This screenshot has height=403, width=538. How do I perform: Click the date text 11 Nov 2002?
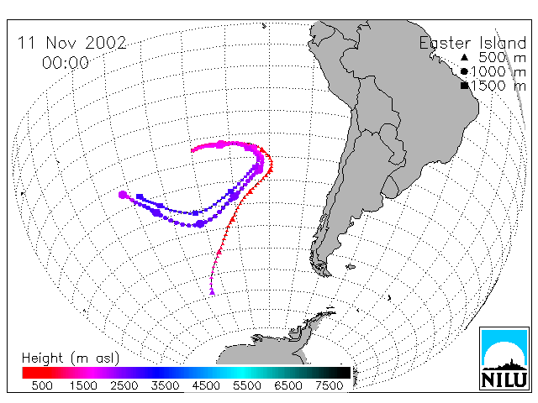(x=72, y=43)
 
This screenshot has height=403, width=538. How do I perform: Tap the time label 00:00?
(x=66, y=63)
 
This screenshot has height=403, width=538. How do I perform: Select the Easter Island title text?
(x=472, y=43)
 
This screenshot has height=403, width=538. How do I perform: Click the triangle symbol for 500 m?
(x=464, y=57)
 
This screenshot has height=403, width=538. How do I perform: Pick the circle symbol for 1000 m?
(x=464, y=71)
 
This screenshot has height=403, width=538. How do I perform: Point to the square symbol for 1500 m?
(x=464, y=86)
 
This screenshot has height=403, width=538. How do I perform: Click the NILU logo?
(x=504, y=359)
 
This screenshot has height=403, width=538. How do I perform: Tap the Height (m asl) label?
(x=71, y=359)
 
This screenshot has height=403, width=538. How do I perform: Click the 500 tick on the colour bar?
(x=42, y=385)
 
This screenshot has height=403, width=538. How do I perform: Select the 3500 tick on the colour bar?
(x=165, y=385)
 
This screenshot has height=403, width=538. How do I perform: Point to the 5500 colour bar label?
(x=247, y=385)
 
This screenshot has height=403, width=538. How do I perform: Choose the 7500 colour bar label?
(x=329, y=385)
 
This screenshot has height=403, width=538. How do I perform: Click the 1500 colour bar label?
(x=83, y=385)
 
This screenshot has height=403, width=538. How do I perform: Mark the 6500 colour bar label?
(x=288, y=385)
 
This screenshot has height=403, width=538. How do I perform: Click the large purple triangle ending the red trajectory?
(x=212, y=292)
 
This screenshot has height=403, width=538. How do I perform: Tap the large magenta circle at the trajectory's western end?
(x=123, y=195)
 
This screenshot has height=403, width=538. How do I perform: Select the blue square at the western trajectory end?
(x=140, y=196)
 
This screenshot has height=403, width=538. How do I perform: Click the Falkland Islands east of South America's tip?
(x=351, y=267)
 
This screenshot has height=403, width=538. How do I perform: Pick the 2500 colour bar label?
(x=124, y=385)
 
